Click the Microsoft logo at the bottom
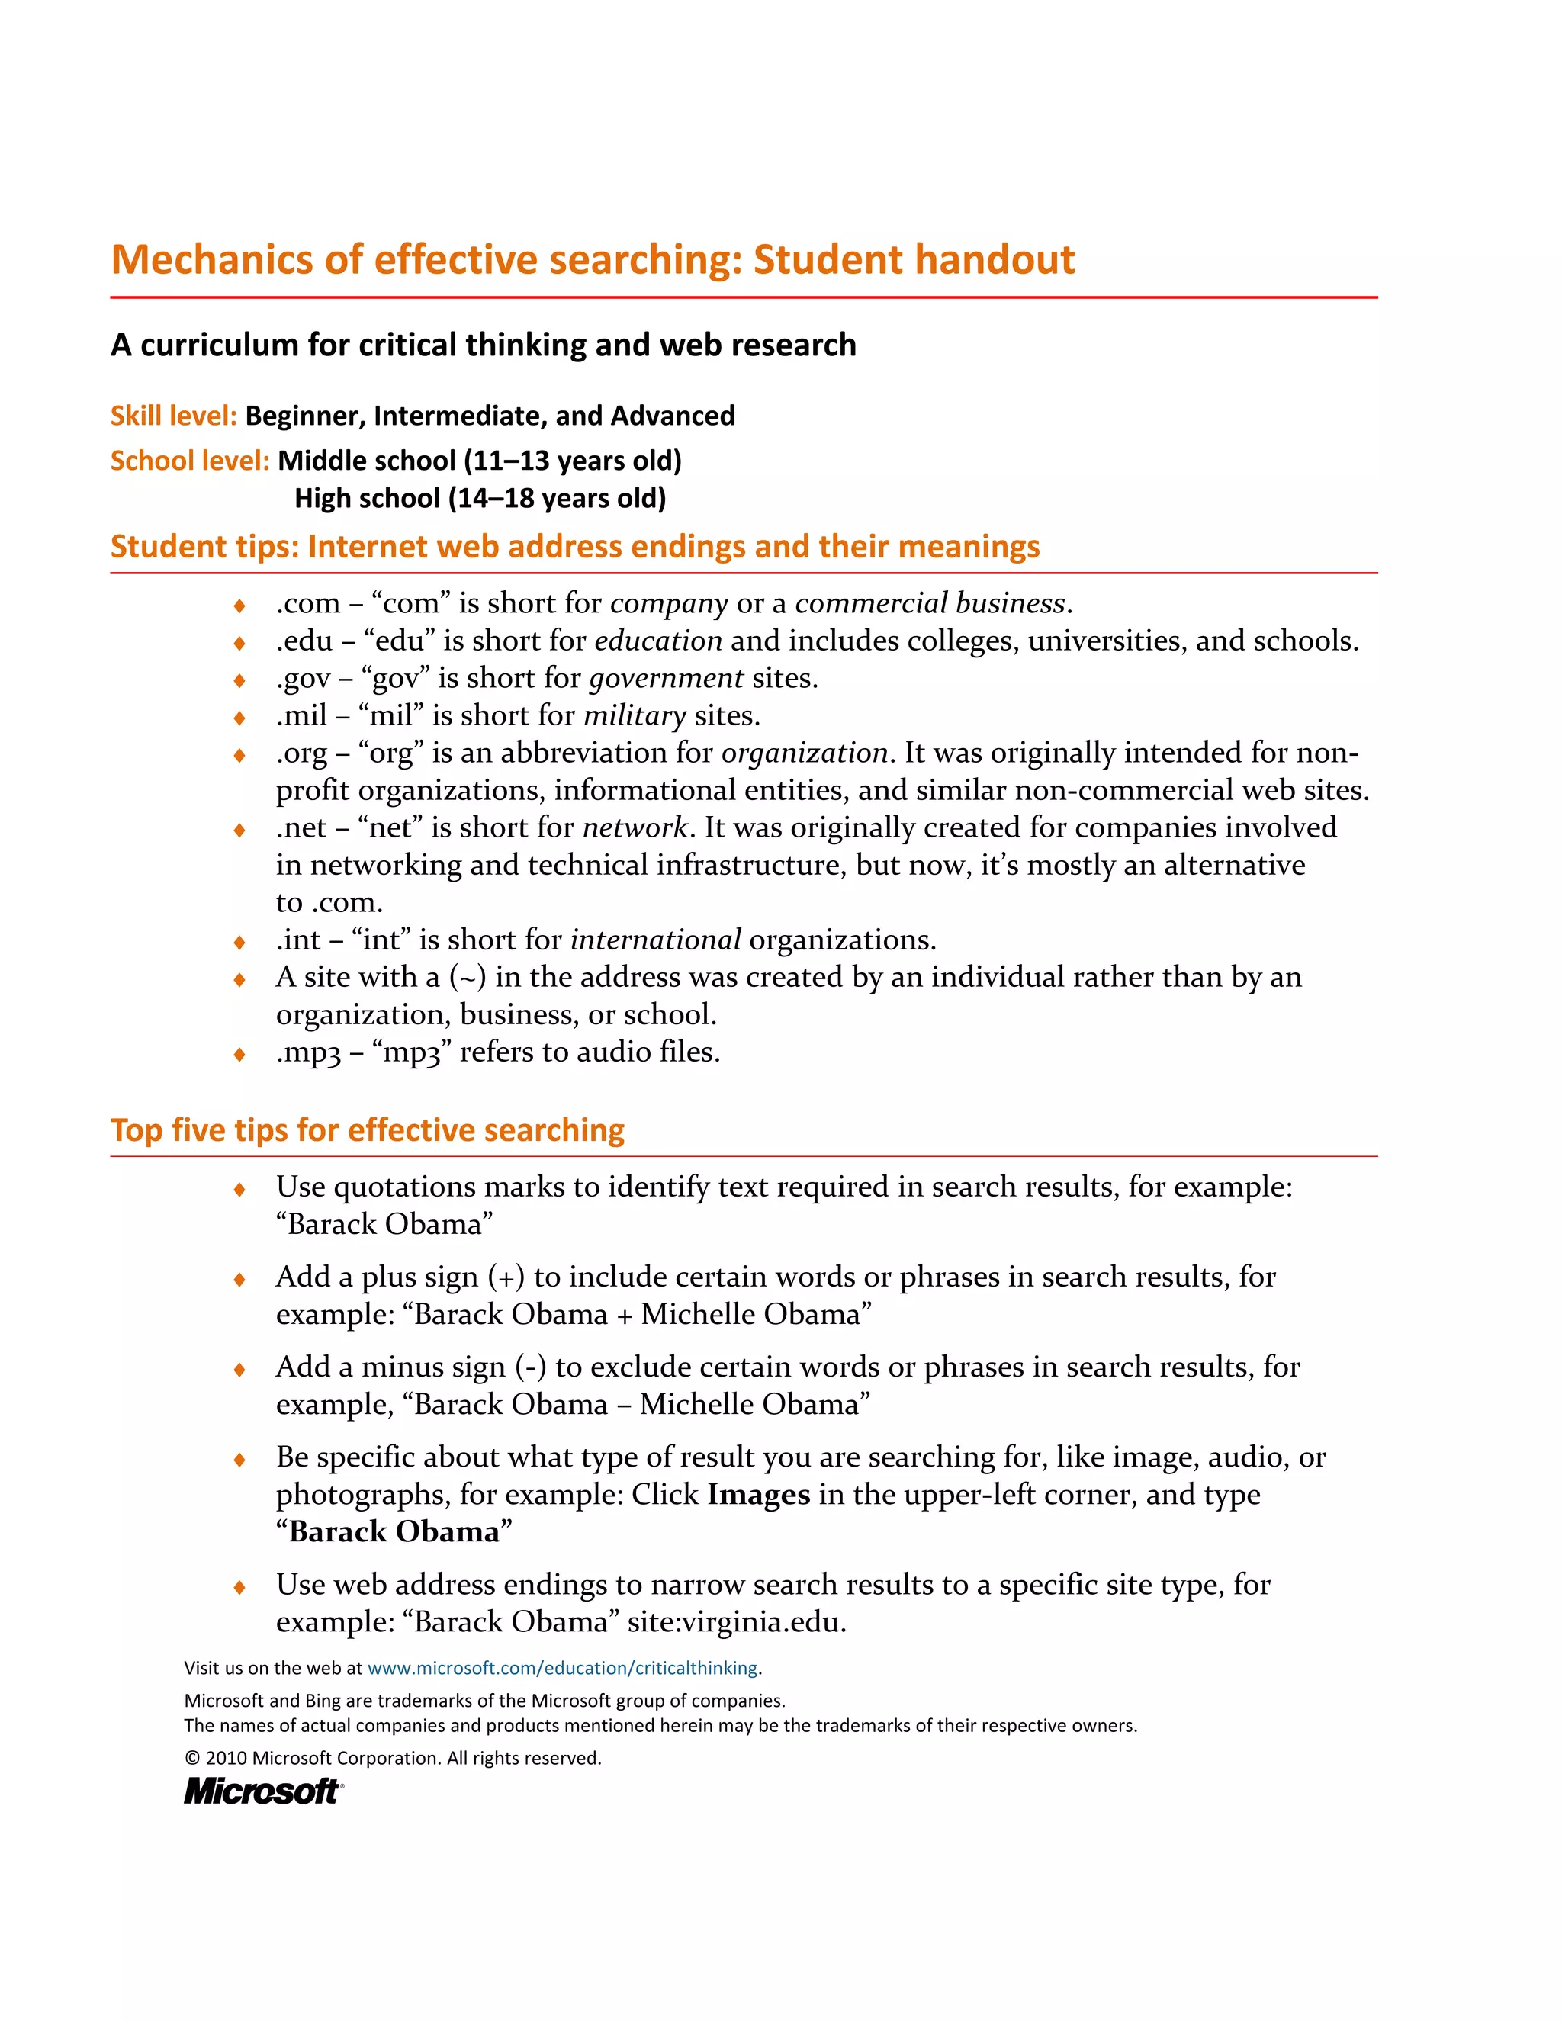click(263, 1791)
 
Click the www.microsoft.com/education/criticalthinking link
click(563, 1667)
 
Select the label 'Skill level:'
click(174, 416)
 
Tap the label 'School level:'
click(190, 460)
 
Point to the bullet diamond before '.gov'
click(239, 680)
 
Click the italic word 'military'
click(634, 715)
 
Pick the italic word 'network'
click(635, 827)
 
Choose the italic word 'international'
click(655, 940)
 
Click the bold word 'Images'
click(758, 1495)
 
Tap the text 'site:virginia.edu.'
click(737, 1621)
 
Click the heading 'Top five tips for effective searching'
click(368, 1130)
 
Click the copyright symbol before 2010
click(192, 1758)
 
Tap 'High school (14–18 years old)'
click(480, 498)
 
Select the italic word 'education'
click(658, 641)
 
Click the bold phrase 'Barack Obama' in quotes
click(394, 1531)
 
